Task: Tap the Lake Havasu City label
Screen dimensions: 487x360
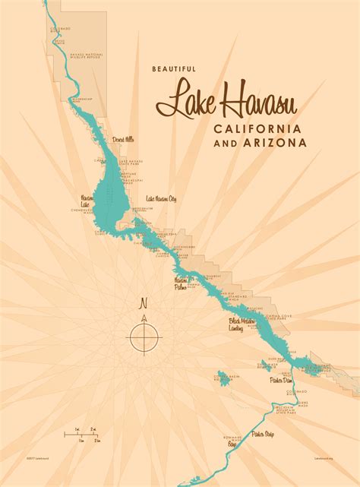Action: coord(160,199)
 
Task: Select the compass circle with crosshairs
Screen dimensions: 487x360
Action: coord(144,335)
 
